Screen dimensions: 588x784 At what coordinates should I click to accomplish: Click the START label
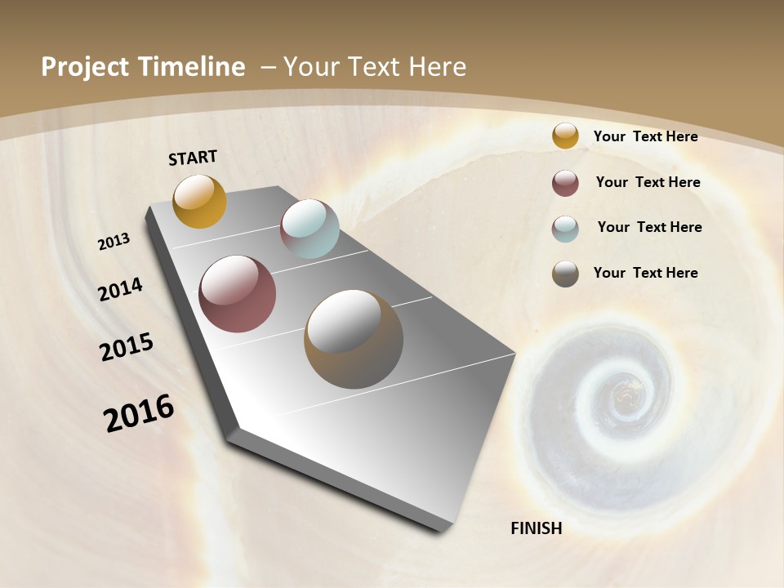[x=193, y=158]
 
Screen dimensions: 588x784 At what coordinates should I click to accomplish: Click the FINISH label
[x=536, y=528]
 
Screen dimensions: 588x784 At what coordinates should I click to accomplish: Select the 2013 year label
[x=114, y=242]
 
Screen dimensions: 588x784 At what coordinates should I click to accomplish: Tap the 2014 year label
[x=121, y=289]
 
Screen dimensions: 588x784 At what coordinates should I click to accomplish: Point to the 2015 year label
[x=127, y=347]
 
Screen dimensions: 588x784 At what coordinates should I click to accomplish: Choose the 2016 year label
[x=139, y=412]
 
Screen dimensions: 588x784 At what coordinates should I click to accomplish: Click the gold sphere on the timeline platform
[x=199, y=201]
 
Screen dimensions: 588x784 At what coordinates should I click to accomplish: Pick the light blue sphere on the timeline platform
[x=310, y=229]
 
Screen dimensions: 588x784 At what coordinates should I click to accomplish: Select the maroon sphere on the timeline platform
[x=237, y=294]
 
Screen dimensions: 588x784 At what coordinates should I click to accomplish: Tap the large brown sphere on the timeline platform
[x=354, y=339]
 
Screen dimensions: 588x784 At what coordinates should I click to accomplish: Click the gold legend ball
[x=565, y=136]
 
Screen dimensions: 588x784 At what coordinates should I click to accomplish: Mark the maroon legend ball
[x=565, y=183]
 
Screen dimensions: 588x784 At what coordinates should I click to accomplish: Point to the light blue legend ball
[x=565, y=229]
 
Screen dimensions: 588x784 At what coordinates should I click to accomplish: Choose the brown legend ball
[x=565, y=274]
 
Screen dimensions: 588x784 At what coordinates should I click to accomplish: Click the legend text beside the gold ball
[x=645, y=136]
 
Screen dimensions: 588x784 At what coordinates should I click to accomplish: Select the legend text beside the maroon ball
[x=648, y=182]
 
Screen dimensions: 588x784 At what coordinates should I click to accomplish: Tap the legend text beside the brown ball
[x=645, y=273]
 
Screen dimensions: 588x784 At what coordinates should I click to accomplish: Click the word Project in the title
[x=83, y=67]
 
